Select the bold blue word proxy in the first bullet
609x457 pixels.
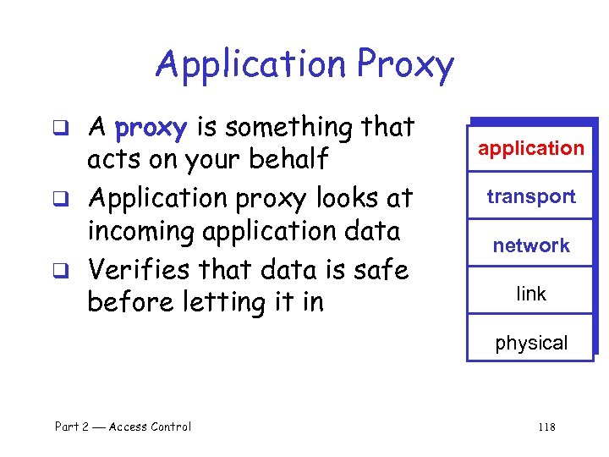(151, 129)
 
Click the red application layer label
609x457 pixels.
(531, 149)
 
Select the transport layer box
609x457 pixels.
(531, 197)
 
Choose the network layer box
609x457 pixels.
(531, 245)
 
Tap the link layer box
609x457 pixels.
(531, 294)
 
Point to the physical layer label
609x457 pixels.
(531, 343)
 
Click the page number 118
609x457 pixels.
(546, 427)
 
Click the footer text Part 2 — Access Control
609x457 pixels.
(123, 427)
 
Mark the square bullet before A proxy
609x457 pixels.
(73, 130)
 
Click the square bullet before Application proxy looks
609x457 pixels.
(73, 201)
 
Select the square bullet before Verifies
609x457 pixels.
(73, 271)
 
